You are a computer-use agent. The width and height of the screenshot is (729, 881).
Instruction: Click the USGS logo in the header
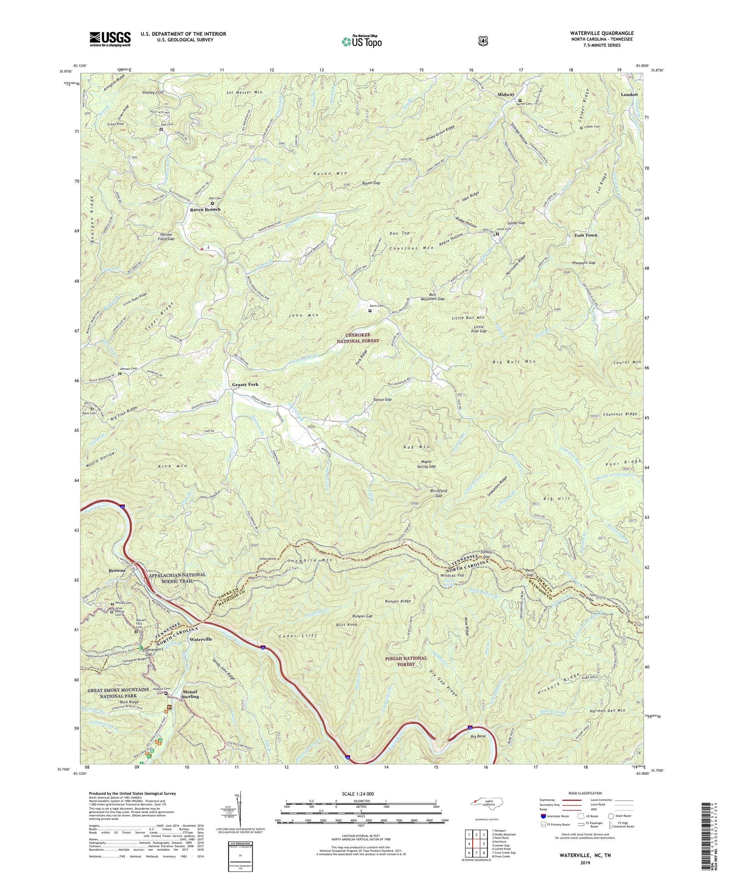[110, 39]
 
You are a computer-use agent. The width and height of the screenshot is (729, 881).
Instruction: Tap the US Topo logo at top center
[361, 41]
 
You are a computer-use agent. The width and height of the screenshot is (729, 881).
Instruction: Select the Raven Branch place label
[205, 209]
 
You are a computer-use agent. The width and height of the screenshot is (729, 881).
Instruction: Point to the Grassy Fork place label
[245, 384]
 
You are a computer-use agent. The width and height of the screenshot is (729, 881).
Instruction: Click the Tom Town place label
[586, 236]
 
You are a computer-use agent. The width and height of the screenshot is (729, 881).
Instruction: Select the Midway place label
[506, 94]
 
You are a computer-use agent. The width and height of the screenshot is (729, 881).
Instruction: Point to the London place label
[629, 94]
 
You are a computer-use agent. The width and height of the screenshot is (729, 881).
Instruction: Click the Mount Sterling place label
[190, 694]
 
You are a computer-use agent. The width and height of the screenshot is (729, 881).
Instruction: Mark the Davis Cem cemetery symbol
[370, 311]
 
